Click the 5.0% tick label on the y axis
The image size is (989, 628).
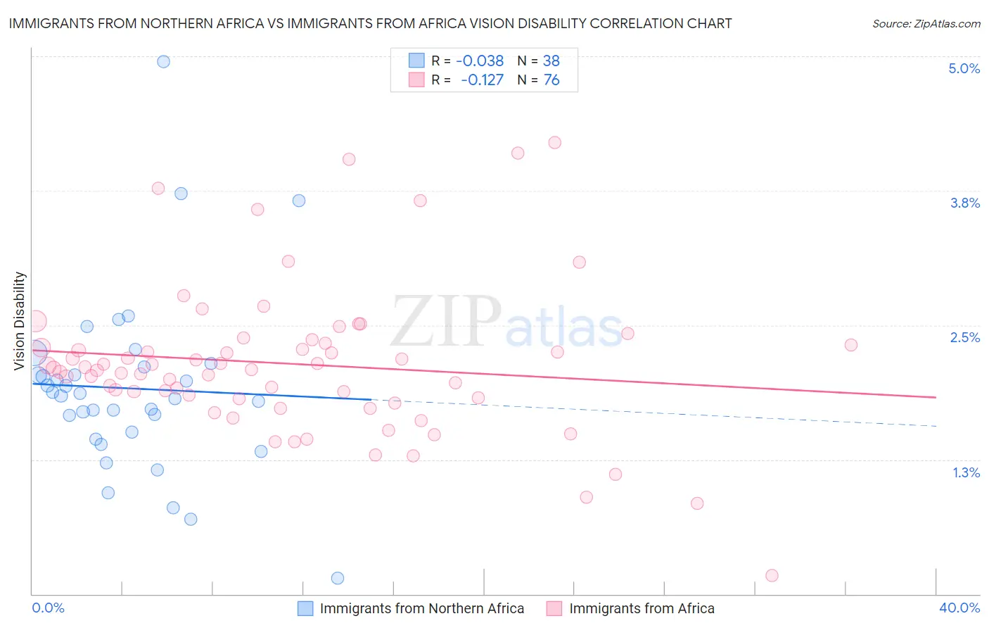(x=964, y=68)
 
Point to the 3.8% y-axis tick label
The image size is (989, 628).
(x=964, y=203)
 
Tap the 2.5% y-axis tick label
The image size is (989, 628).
(x=964, y=337)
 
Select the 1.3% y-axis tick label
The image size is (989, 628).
(x=966, y=472)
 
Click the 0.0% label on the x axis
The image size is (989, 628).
(x=48, y=608)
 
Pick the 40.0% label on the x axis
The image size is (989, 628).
(x=959, y=608)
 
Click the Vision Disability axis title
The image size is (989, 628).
(x=20, y=320)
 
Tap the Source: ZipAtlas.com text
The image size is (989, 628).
(x=926, y=24)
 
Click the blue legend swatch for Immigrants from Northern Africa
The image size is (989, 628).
(x=305, y=608)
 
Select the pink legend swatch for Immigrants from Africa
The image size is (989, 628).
(x=554, y=608)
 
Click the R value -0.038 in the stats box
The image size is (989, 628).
(x=480, y=61)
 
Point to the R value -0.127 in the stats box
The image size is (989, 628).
(x=482, y=80)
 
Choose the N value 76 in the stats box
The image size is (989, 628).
(x=551, y=80)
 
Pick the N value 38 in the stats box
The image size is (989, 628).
(x=551, y=61)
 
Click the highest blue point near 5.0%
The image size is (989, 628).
(x=163, y=61)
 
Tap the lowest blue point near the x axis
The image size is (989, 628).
(x=338, y=578)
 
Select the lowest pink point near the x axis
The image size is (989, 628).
(x=772, y=575)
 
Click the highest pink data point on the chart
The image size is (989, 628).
(x=554, y=142)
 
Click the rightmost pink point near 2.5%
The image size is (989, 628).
(x=851, y=345)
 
